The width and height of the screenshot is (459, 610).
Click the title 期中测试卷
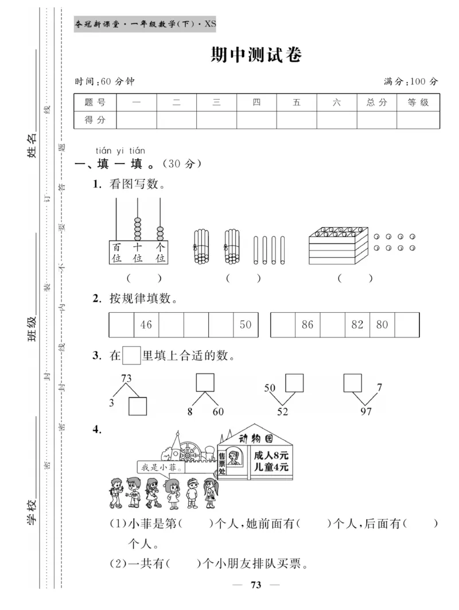(256, 55)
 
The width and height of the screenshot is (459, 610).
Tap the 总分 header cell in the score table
(377, 103)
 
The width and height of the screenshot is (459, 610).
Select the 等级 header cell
(418, 103)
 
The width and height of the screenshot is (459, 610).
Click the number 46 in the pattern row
(146, 325)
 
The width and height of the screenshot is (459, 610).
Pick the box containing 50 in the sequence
(246, 325)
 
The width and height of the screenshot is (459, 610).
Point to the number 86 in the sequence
(308, 325)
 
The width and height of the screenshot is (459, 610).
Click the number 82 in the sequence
(357, 325)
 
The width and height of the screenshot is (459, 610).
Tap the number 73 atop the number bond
(126, 378)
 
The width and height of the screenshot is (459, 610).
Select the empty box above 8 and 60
(205, 382)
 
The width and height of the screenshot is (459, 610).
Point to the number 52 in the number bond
(283, 411)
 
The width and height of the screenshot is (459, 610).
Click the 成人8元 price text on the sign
(271, 454)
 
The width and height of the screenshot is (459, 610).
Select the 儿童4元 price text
(271, 468)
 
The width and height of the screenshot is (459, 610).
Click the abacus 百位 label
(117, 253)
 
